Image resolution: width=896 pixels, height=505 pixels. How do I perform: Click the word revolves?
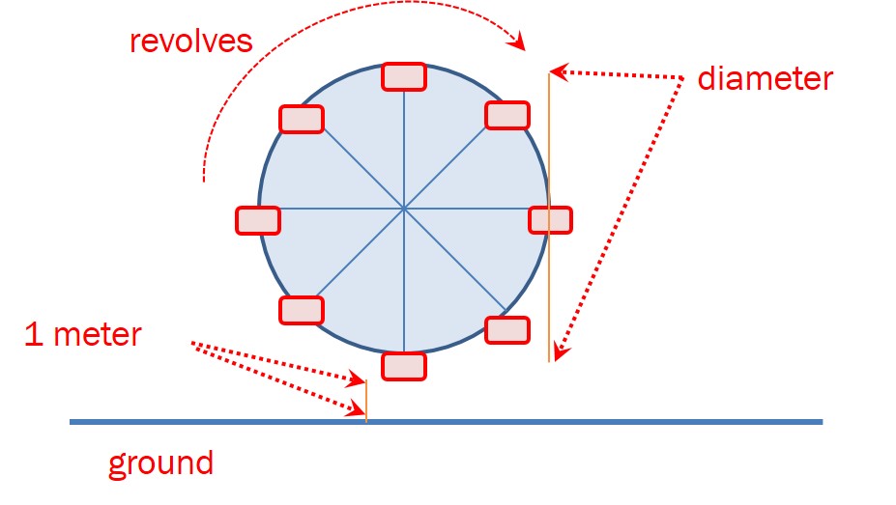[x=192, y=42]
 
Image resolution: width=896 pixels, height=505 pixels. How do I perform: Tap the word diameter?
[x=765, y=78]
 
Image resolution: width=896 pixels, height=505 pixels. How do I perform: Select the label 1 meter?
[x=83, y=335]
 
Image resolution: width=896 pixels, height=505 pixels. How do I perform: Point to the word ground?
[x=160, y=463]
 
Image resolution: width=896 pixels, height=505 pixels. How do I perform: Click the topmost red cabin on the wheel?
[x=404, y=76]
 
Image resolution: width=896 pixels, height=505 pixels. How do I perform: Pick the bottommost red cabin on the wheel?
[x=404, y=366]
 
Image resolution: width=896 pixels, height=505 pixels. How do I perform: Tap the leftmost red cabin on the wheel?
[x=258, y=220]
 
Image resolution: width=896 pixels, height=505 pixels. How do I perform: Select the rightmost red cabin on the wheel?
[x=551, y=220]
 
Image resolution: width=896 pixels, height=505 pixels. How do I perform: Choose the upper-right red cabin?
[x=506, y=116]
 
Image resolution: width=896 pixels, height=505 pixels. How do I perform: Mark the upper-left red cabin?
[x=302, y=119]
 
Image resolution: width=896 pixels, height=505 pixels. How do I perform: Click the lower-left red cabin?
[x=302, y=310]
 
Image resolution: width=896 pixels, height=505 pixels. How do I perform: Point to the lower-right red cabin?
[x=506, y=329]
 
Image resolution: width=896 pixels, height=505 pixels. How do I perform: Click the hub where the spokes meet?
[x=404, y=208]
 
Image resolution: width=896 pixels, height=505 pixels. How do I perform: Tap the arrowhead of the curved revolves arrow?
[x=520, y=42]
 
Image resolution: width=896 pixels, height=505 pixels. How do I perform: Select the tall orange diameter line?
[x=549, y=280]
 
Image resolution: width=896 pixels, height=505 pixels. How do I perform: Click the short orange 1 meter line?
[x=366, y=401]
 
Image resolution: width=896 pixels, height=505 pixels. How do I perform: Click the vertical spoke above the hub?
[x=404, y=145]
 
